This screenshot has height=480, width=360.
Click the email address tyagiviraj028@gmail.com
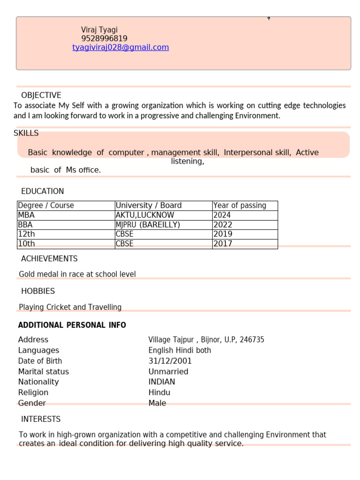120,47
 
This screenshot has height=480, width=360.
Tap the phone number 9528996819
104,38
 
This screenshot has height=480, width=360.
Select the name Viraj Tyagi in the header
99,30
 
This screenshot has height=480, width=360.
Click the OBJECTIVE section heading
41,95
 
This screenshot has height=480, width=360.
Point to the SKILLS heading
26,133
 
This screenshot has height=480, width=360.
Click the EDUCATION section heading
43,191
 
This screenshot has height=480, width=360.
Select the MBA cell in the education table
26,215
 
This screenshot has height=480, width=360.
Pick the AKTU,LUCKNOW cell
145,215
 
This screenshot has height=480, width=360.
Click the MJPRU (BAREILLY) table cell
148,225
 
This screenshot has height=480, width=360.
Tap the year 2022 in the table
223,225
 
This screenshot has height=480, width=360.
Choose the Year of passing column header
240,205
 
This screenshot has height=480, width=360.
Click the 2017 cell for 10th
223,244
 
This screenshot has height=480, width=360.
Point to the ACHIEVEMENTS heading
49,259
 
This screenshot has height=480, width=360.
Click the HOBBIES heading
38,291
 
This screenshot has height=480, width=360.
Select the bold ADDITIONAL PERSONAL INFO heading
72,325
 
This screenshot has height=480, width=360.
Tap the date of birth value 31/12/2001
170,361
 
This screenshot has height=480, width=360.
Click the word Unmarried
168,372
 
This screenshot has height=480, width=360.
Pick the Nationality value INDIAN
162,382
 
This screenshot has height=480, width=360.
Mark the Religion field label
33,392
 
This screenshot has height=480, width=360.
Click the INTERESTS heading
41,419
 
